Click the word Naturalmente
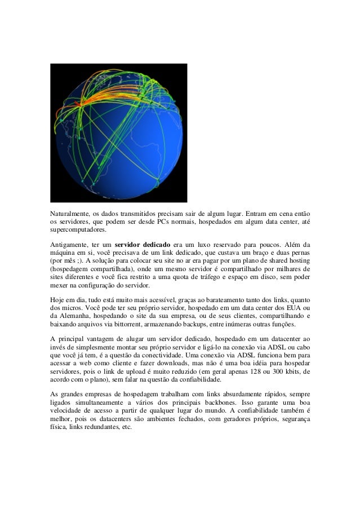pos(68,214)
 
